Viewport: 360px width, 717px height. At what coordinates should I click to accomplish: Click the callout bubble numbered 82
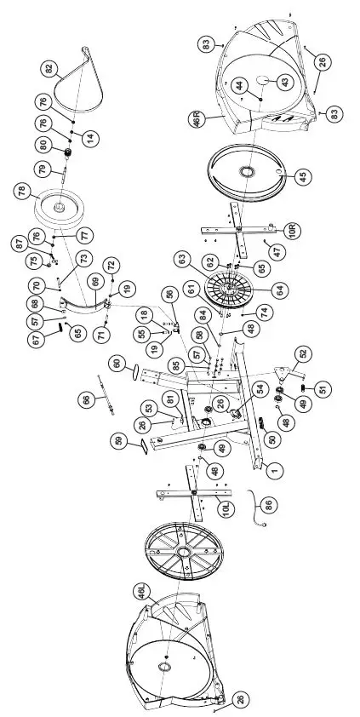pyautogui.click(x=49, y=67)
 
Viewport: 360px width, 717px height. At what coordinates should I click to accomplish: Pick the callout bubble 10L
pyautogui.click(x=226, y=508)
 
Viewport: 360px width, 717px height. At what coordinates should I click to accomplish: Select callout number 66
pyautogui.click(x=84, y=399)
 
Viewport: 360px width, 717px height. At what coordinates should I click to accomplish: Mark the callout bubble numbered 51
pyautogui.click(x=321, y=389)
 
